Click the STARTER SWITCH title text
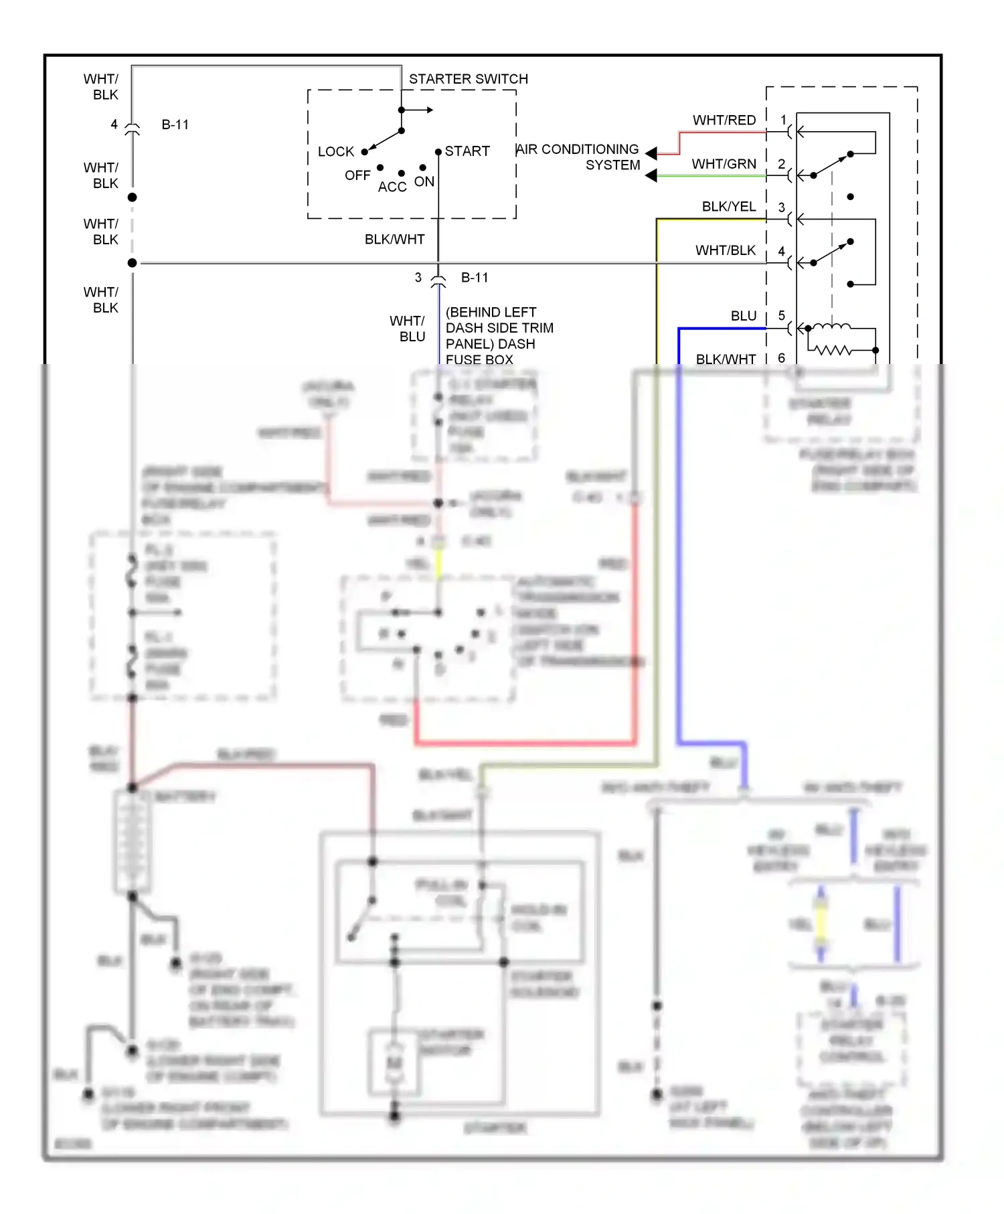(468, 79)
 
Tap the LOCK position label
(335, 152)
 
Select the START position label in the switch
(467, 151)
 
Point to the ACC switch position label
(392, 187)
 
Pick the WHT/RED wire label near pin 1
(724, 120)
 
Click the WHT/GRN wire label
(724, 164)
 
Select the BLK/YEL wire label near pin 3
(728, 207)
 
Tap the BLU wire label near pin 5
(743, 316)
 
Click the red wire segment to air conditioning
(723, 133)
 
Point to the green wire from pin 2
(709, 176)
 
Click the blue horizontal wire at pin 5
(723, 329)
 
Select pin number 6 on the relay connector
(781, 358)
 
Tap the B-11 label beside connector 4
(175, 125)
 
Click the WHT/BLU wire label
(408, 329)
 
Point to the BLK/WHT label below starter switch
(394, 240)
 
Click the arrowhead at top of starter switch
(430, 110)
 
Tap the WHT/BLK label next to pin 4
(725, 250)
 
